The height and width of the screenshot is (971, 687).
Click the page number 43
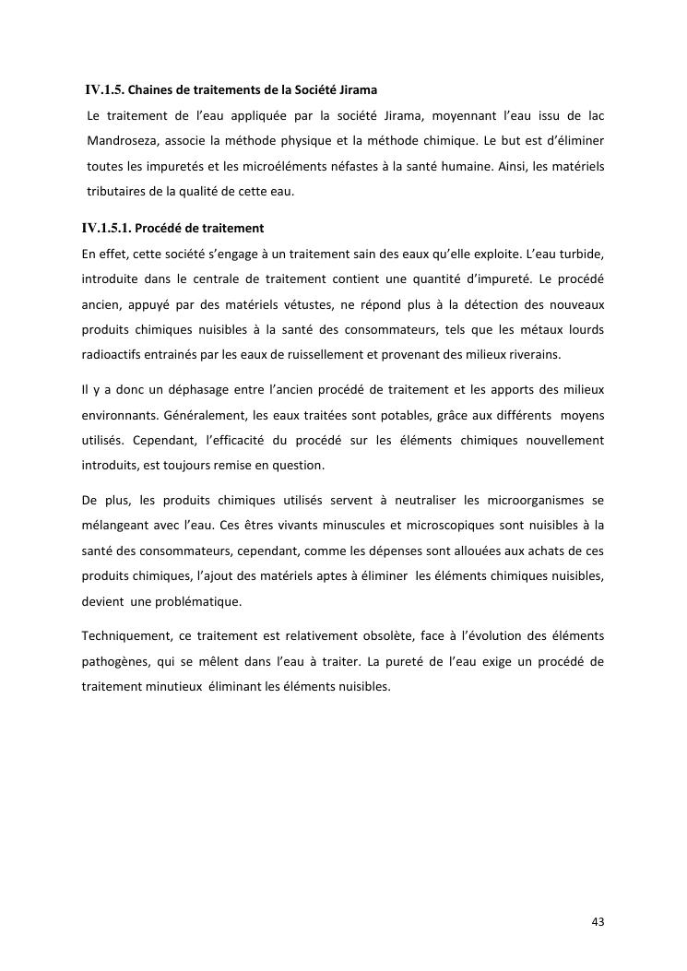click(598, 921)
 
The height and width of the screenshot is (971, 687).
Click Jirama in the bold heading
click(355, 90)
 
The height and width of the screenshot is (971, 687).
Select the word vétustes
click(327, 303)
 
